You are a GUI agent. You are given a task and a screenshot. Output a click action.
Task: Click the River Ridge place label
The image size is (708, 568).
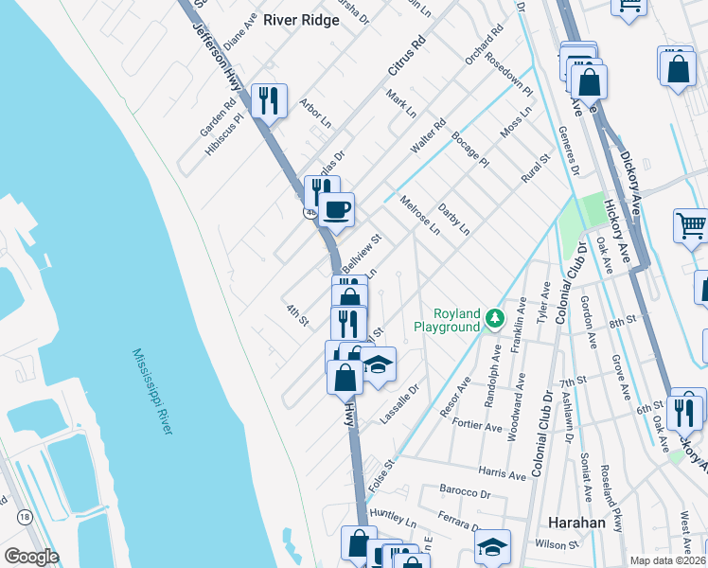click(301, 20)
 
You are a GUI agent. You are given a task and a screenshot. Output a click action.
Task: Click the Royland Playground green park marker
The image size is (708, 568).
click(494, 319)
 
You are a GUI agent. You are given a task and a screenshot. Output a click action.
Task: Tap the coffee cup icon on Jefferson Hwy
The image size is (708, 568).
click(336, 209)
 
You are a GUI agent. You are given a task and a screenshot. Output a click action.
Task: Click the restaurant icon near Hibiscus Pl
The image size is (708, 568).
click(269, 99)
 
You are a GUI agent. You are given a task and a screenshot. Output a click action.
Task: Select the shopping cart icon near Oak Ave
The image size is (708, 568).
click(691, 226)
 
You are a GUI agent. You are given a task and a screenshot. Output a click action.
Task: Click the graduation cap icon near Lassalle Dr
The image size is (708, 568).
click(378, 364)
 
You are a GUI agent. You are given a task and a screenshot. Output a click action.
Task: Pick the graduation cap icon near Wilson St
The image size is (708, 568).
click(492, 546)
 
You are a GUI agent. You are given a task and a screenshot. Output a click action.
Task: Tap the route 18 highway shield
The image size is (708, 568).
click(25, 516)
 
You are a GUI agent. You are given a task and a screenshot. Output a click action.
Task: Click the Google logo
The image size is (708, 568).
click(31, 556)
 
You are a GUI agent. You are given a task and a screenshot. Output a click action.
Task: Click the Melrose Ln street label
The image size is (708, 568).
click(419, 215)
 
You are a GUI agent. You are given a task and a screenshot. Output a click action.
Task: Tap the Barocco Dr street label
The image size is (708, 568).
click(465, 492)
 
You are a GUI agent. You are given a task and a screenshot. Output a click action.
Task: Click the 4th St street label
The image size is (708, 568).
click(296, 314)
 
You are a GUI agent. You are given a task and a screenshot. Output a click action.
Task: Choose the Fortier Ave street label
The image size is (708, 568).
click(478, 426)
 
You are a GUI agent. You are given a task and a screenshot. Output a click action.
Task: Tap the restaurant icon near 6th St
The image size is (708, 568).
click(685, 411)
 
